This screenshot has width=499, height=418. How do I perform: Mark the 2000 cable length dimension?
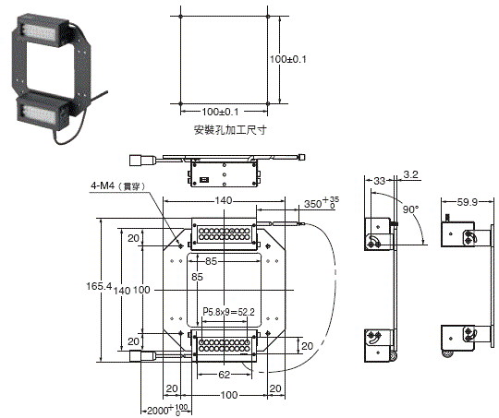click(x=164, y=408)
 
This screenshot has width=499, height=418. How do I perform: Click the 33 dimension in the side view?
click(x=379, y=182)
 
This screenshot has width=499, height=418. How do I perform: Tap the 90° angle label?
click(x=410, y=209)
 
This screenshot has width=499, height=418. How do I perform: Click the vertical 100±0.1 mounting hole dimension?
click(x=298, y=58)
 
